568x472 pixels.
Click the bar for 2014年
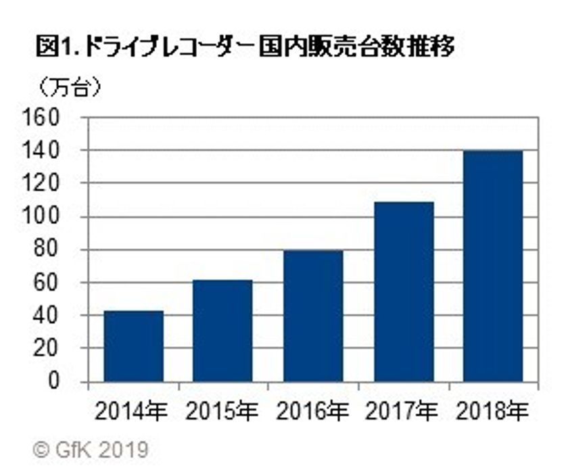[133, 346]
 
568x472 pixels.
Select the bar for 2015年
[222, 331]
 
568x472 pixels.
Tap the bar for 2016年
[313, 316]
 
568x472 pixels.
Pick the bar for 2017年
[404, 291]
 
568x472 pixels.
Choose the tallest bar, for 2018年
[493, 266]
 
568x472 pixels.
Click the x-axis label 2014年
[133, 412]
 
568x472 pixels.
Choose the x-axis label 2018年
[493, 412]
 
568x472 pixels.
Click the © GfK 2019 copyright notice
[91, 449]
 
